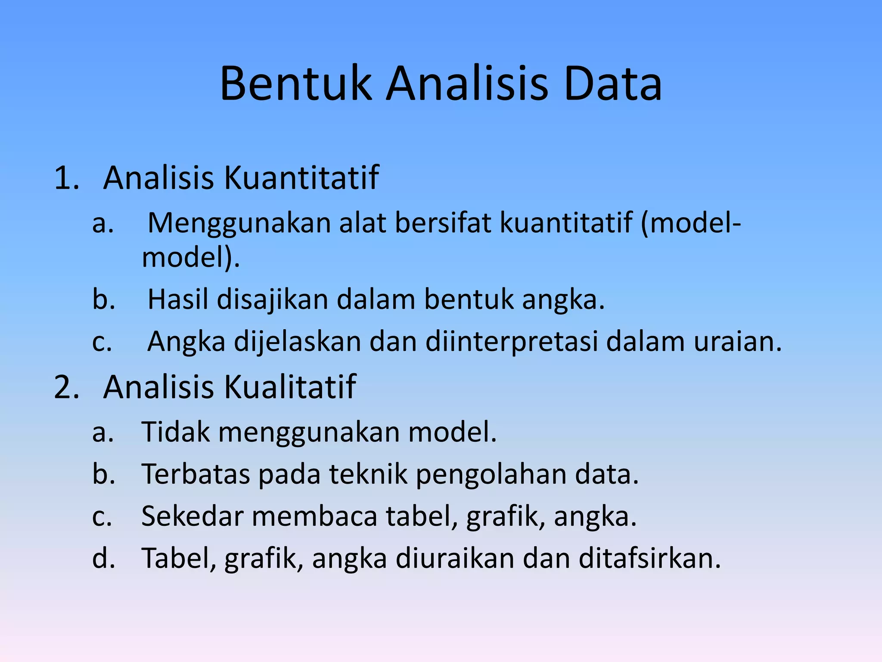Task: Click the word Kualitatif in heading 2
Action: (290, 387)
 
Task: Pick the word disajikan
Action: (273, 300)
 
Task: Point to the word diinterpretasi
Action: (512, 342)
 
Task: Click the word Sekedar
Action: (192, 516)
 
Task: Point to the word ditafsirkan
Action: (649, 558)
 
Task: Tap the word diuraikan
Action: (455, 558)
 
